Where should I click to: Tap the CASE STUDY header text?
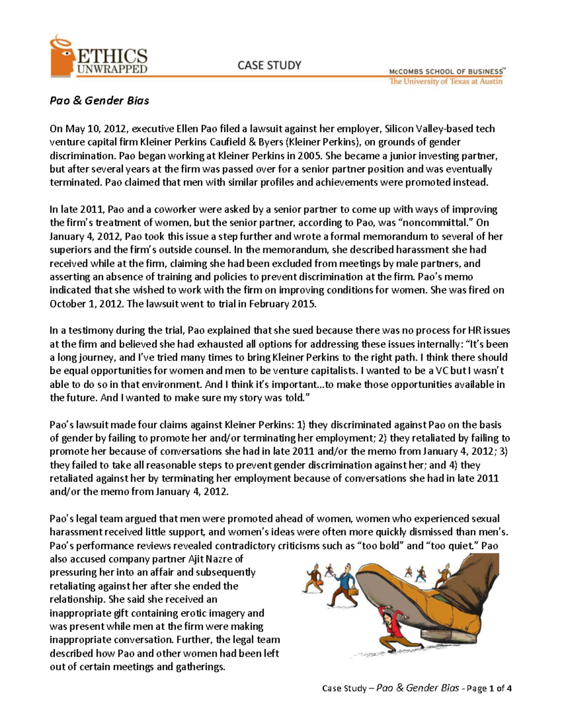click(269, 65)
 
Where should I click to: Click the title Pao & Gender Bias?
click(99, 101)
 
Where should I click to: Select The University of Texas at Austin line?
click(445, 81)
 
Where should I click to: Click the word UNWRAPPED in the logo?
click(112, 69)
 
